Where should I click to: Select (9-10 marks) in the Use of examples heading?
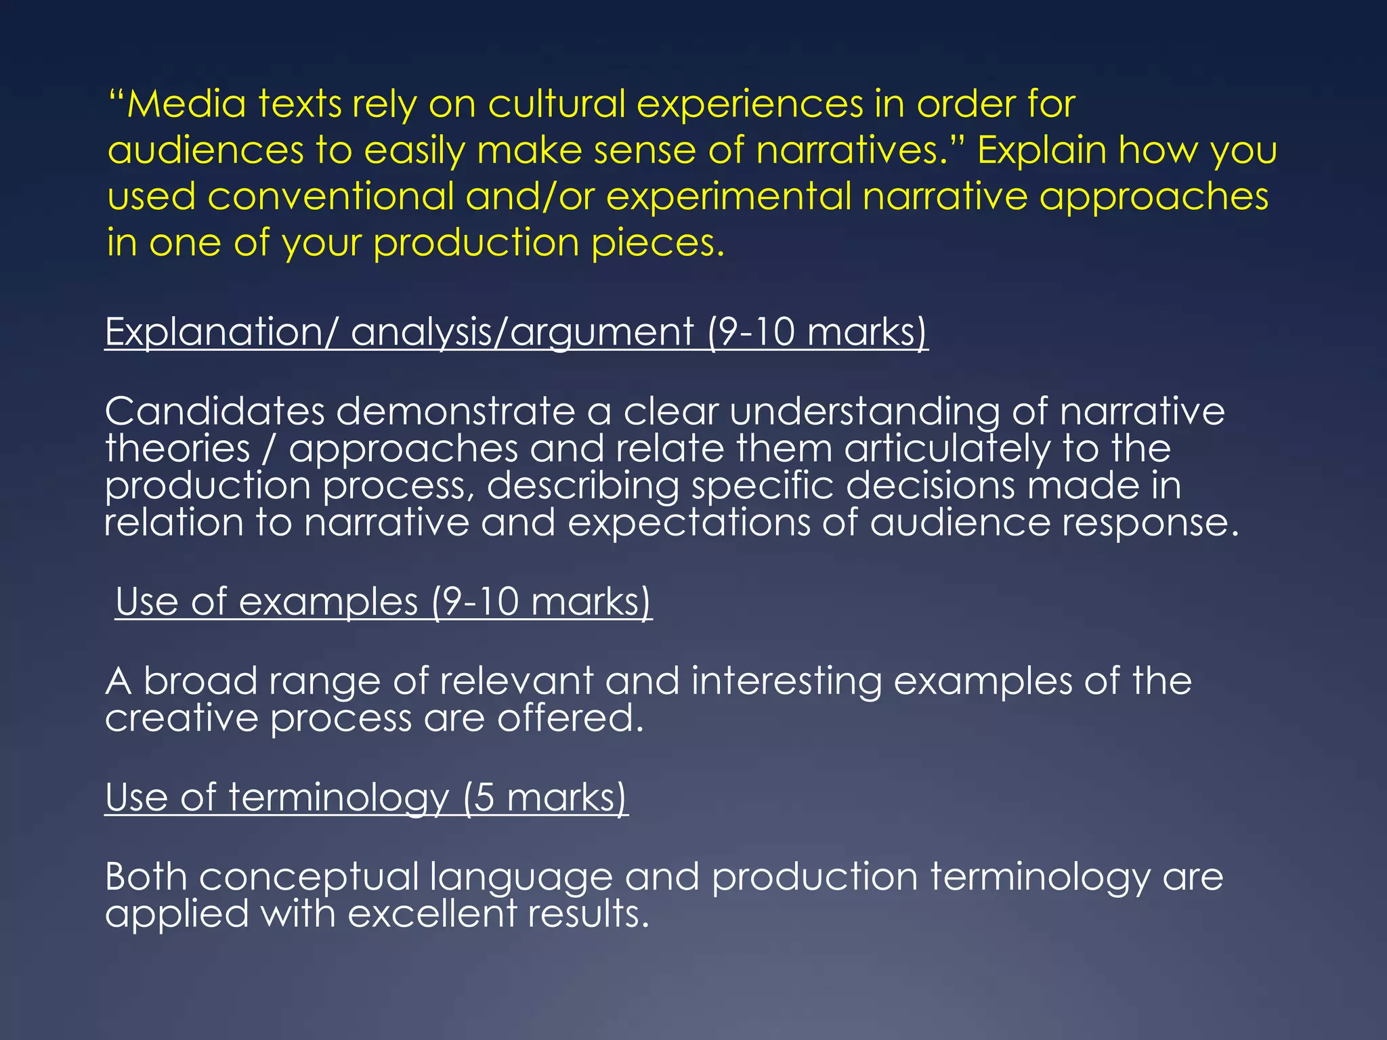pos(542,602)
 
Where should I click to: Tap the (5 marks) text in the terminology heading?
pos(545,798)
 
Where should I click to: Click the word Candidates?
pos(215,411)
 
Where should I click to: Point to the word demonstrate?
pos(455,411)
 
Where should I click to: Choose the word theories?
pos(177,448)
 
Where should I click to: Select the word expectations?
pos(689,523)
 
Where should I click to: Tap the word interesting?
pos(786,681)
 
